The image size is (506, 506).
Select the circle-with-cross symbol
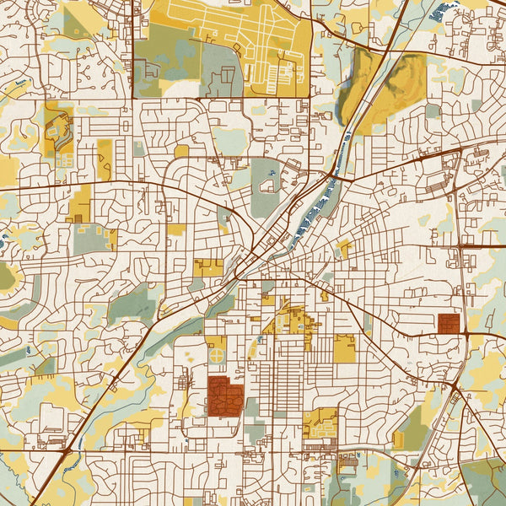click(x=217, y=356)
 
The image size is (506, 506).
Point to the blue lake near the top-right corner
click(x=436, y=13)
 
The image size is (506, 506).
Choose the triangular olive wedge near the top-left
click(x=76, y=24)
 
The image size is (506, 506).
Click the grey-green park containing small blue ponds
click(x=265, y=186)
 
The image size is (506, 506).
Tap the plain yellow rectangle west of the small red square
click(x=344, y=349)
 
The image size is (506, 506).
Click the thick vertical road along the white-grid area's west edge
click(x=134, y=51)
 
